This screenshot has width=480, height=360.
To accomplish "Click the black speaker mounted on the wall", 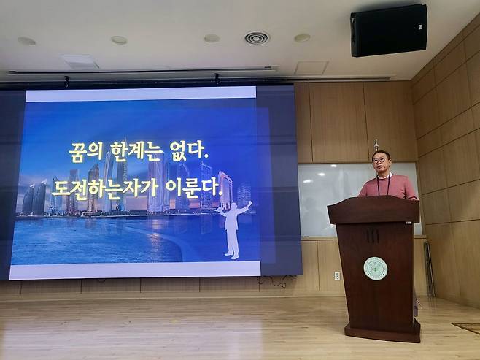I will click(388, 30).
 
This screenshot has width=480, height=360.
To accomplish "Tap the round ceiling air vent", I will click(256, 38).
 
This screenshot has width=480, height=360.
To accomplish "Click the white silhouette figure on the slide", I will click(233, 227).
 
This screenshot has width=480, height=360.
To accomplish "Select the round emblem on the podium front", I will click(375, 268).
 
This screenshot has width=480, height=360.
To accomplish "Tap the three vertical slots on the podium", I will click(373, 235).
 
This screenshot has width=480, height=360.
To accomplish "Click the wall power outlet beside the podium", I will click(336, 275).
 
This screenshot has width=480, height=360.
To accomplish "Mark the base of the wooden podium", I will click(382, 332).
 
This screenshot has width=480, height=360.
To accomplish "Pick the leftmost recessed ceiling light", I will click(26, 41).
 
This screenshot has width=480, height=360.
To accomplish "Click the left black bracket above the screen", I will click(66, 80).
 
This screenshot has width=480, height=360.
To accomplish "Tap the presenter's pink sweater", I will click(398, 188).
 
